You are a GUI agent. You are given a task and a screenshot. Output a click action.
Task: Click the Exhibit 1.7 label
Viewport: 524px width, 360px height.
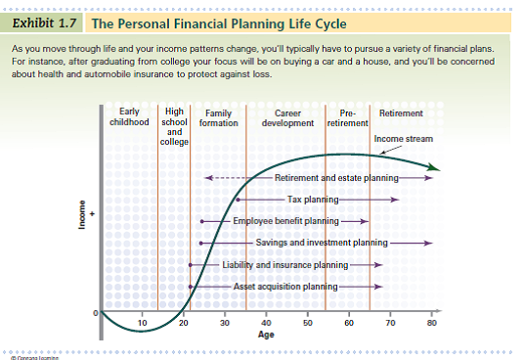48,22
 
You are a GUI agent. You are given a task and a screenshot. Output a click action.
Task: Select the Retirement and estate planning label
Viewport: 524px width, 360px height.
335,178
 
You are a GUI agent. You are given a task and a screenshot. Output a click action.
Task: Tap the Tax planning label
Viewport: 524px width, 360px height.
312,200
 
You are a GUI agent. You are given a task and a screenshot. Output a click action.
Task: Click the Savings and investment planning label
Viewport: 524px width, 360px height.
323,243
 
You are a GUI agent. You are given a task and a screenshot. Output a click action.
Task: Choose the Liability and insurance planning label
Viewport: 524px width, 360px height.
284,264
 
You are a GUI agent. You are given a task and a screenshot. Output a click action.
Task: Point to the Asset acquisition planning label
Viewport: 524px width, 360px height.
285,286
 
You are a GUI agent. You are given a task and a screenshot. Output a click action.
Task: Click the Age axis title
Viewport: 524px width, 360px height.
266,334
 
